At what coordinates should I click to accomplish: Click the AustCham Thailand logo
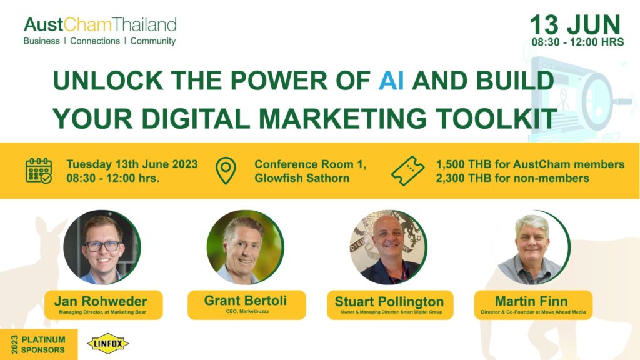point(100,31)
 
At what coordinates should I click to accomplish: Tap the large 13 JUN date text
point(575,24)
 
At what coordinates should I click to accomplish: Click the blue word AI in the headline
point(391,81)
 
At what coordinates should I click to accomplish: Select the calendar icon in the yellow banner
point(38,171)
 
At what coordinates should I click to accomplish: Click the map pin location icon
point(226,171)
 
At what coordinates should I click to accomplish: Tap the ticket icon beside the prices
point(407,171)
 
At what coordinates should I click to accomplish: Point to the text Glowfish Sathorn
point(302,178)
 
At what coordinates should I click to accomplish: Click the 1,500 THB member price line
point(530,164)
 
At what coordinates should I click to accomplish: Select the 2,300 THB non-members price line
point(512,178)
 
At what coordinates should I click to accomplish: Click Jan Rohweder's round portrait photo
point(102,247)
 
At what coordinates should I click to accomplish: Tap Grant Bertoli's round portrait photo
point(245,247)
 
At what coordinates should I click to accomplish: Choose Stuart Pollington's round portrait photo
point(388,247)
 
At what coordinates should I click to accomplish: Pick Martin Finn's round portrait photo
point(532,247)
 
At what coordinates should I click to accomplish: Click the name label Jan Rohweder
point(101,301)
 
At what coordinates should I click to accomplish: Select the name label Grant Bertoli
point(245,301)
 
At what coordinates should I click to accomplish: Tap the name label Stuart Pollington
point(389,302)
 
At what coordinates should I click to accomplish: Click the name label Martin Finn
point(531,301)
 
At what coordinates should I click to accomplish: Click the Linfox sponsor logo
point(107,344)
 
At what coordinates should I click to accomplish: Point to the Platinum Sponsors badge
point(38,344)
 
